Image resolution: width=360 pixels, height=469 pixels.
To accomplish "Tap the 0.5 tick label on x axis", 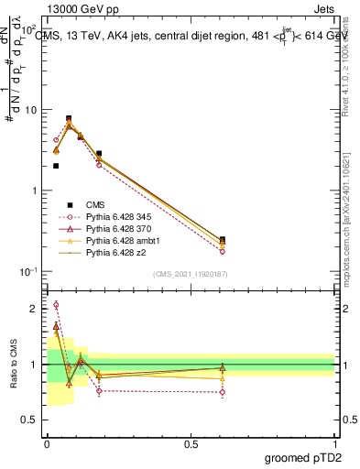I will (x=191, y=442).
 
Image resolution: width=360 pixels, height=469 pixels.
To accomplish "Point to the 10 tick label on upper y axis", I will (x=32, y=110).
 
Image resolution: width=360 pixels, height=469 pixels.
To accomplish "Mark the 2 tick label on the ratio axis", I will (x=34, y=310).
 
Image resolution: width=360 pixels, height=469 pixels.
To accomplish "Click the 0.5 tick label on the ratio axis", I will (x=30, y=420).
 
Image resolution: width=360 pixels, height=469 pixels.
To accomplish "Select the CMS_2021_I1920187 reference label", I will (x=191, y=273).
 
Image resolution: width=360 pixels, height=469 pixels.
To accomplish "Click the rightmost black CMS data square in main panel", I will (x=223, y=239).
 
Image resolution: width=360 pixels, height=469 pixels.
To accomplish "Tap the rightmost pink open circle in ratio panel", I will (x=223, y=392).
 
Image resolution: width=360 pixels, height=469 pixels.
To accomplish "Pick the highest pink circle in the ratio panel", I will (x=56, y=305).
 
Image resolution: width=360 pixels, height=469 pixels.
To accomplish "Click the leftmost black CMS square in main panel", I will (x=56, y=166).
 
